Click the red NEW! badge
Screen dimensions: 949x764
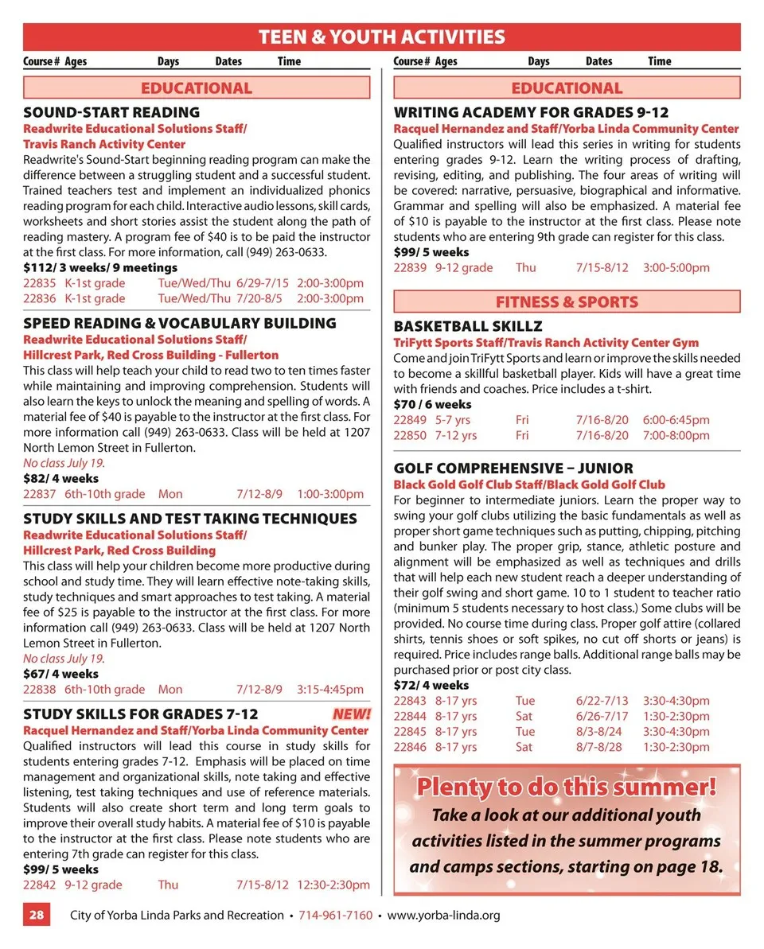[352, 714]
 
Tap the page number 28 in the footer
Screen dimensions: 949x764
[37, 915]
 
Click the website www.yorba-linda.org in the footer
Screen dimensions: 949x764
[443, 915]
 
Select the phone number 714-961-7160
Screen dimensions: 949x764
[335, 915]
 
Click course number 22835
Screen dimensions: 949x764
[40, 283]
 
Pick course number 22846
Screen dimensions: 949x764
[410, 747]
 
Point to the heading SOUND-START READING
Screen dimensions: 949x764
[111, 112]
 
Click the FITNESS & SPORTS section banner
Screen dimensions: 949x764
[567, 301]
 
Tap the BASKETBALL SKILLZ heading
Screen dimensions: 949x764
[468, 326]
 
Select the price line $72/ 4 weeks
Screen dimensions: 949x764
[431, 685]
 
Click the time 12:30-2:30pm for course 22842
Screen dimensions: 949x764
[333, 885]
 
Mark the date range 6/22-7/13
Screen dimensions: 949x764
[602, 701]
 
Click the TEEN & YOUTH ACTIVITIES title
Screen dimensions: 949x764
[382, 37]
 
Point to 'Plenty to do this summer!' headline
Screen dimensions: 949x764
[567, 788]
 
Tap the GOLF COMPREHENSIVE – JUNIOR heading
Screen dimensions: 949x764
[513, 469]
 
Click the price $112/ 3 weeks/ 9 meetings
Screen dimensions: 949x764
[100, 267]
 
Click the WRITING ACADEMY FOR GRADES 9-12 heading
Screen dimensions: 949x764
[531, 112]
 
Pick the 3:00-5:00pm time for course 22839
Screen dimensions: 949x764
[676, 267]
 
